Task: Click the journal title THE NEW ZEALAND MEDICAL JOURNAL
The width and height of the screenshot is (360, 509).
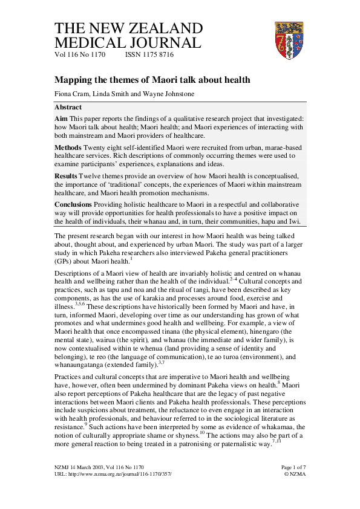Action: click(128, 36)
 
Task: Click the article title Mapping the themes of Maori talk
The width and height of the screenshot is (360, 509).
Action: click(152, 80)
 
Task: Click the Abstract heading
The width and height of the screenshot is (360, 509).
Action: click(68, 107)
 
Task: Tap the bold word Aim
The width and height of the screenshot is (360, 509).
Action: click(61, 118)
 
